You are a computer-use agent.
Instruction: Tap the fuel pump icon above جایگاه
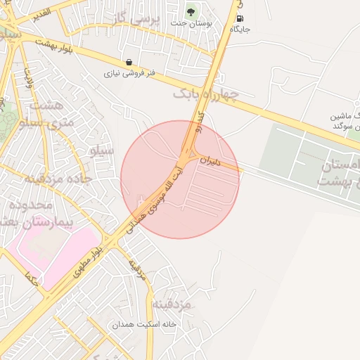[x=240, y=18]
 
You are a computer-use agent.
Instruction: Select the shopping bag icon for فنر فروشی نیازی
[x=128, y=62]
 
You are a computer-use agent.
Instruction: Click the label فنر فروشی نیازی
[x=129, y=72]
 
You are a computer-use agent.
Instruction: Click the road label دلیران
[x=210, y=161]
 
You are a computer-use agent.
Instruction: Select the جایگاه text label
[x=240, y=30]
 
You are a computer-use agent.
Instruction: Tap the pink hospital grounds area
[x=53, y=250]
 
